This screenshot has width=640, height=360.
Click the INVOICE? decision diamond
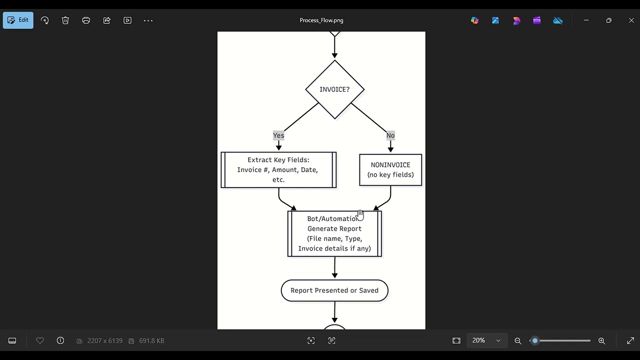pos(334,89)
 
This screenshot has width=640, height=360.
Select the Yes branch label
pos(278,135)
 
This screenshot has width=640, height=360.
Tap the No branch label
pos(390,135)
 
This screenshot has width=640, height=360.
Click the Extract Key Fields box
pos(278,170)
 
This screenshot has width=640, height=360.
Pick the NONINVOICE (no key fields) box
pos(390,170)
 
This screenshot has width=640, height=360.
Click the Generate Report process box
pos(334,233)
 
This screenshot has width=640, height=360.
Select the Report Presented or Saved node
pos(334,290)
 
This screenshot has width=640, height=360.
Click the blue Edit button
pos(18,20)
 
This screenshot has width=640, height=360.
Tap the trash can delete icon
pos(65,20)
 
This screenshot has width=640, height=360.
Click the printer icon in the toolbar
pos(86,20)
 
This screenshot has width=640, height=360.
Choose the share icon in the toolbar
pos(106,20)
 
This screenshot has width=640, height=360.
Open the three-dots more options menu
pos(148,20)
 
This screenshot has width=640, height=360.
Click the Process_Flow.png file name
pos(321,20)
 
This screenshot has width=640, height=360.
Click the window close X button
pos(631,20)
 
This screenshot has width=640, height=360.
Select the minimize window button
pos(586,20)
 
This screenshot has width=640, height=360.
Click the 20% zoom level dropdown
pos(486,340)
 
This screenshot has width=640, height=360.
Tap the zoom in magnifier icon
pos(601,341)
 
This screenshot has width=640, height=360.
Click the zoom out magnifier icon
pos(518,341)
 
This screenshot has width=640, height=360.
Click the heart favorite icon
pos(40,340)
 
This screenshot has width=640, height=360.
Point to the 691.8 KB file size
pos(151,340)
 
